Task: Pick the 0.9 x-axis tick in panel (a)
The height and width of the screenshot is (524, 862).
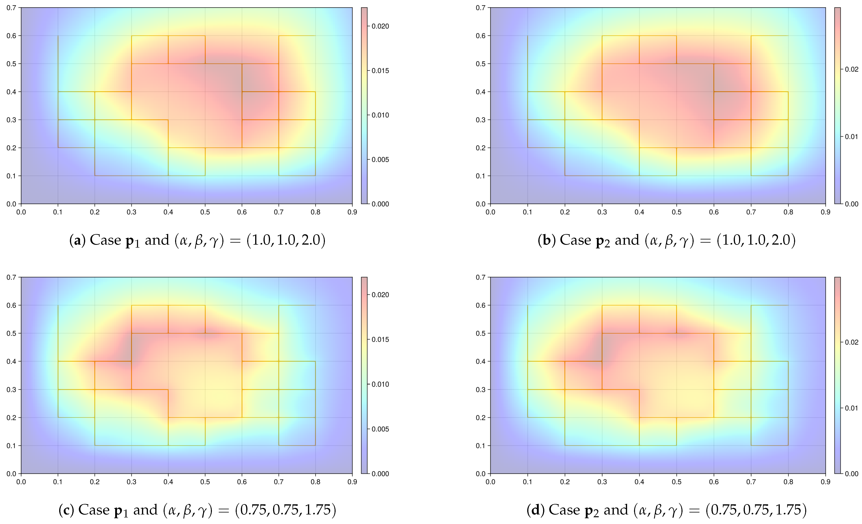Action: (x=352, y=205)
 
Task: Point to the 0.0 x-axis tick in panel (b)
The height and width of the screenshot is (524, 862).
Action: (x=490, y=205)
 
